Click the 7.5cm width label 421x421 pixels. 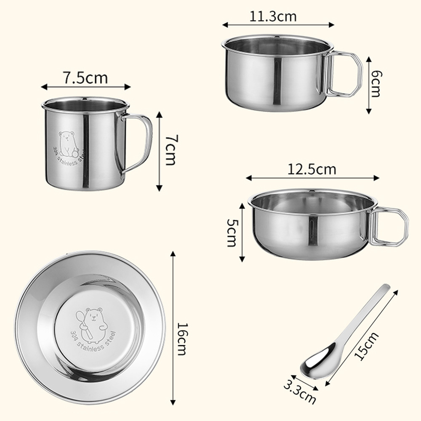85,78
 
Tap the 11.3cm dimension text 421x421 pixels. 273,17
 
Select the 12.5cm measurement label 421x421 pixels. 312,169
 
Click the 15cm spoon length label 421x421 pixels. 367,346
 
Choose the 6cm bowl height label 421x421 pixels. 375,84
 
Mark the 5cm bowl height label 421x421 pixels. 232,233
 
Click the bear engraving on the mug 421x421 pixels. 68,144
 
